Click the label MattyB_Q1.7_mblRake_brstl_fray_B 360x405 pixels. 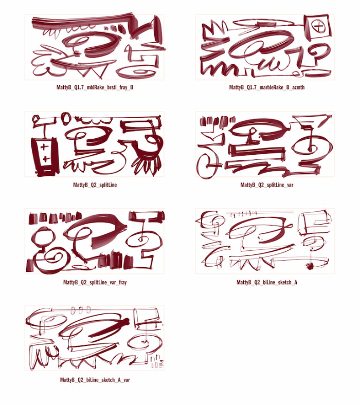pos(95,88)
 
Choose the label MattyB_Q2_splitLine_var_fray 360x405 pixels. pos(95,282)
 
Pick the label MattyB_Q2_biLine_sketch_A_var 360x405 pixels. pos(95,379)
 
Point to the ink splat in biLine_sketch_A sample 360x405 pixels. pos(310,266)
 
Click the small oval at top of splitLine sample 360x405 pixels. pos(67,118)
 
